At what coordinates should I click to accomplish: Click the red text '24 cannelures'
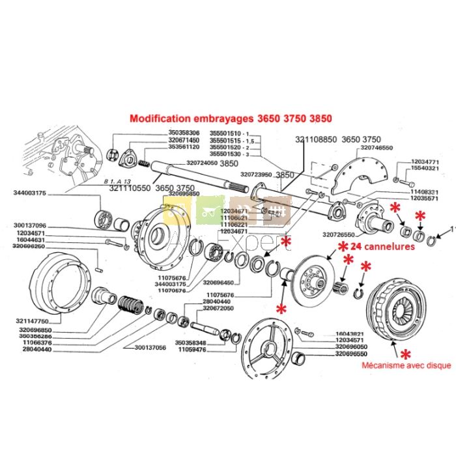pyautogui.click(x=378, y=247)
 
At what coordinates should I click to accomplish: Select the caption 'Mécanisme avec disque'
pyautogui.click(x=406, y=366)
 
